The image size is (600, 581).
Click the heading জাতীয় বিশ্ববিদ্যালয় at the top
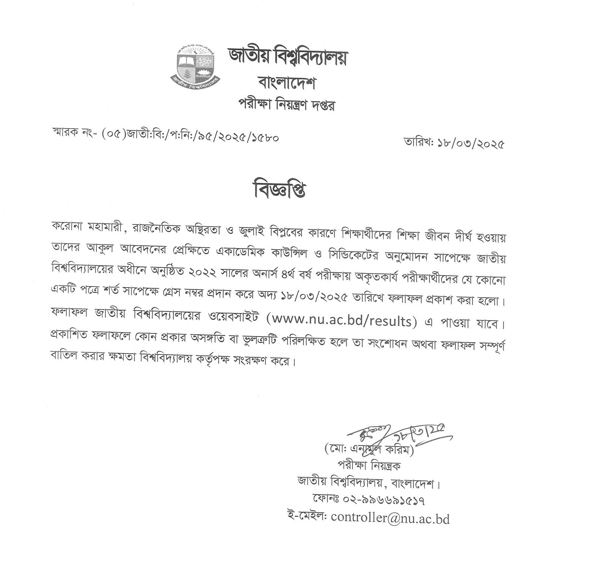coord(288,58)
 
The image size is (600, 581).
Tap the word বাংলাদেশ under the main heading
coord(288,83)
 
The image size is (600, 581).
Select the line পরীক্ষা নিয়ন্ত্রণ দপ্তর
coord(286,105)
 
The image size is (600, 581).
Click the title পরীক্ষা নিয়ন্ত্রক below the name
coord(368,466)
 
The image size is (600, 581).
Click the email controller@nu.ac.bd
coord(390,518)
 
